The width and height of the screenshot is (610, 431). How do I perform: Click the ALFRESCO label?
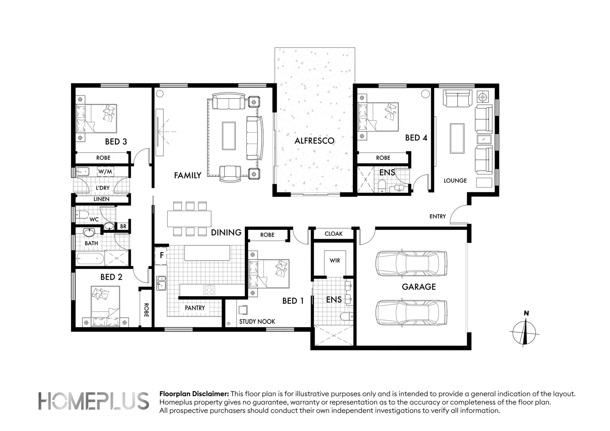[314, 141]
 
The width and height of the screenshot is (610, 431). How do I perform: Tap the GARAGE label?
[418, 287]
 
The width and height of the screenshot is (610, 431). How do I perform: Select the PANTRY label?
[195, 308]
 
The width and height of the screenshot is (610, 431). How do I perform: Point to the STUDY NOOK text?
[257, 322]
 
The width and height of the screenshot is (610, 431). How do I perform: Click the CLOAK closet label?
[334, 233]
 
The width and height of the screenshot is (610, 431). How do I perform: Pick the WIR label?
[335, 261]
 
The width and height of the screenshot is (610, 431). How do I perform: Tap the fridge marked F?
[161, 255]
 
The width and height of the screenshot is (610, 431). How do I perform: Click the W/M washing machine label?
[105, 172]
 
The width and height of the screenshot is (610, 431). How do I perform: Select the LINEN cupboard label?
[101, 199]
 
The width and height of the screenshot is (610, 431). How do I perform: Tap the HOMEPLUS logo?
[93, 401]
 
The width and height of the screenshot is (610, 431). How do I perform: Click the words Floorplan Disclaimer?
[194, 394]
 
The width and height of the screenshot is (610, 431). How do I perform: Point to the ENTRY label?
[438, 216]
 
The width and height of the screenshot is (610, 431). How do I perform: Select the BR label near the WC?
[123, 226]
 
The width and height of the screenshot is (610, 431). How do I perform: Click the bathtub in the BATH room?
[90, 258]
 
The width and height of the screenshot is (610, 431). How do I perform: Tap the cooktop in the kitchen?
[209, 289]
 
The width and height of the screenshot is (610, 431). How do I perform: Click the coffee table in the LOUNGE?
[457, 138]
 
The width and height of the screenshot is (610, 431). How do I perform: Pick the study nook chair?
[243, 310]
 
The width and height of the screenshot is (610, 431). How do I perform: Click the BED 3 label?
[116, 142]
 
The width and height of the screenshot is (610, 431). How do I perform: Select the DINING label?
[226, 233]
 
